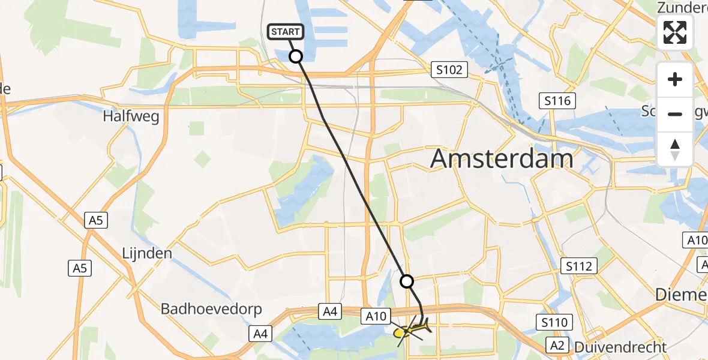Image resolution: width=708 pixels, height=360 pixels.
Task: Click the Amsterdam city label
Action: pyautogui.click(x=502, y=160)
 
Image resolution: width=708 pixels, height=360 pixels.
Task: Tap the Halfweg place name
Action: pyautogui.click(x=131, y=116)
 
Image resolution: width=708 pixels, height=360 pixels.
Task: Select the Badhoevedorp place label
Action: pyautogui.click(x=211, y=310)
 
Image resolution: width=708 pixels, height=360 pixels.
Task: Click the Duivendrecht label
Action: pyautogui.click(x=620, y=347)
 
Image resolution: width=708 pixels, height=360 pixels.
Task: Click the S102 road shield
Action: pyautogui.click(x=449, y=70)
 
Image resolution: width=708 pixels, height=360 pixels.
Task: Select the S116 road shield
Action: pyautogui.click(x=557, y=100)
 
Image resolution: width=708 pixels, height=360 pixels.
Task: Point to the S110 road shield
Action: pyautogui.click(x=553, y=323)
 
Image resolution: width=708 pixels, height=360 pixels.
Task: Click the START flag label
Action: pyautogui.click(x=286, y=32)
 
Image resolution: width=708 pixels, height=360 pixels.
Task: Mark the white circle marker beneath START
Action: pyautogui.click(x=296, y=56)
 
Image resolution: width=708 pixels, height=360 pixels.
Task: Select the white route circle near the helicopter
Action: pyautogui.click(x=407, y=281)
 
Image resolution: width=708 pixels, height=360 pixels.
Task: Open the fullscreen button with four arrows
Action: pyautogui.click(x=675, y=32)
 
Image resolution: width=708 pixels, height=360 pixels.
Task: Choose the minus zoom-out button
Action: pyautogui.click(x=675, y=114)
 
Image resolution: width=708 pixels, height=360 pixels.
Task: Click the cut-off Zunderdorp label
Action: pyautogui.click(x=682, y=8)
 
